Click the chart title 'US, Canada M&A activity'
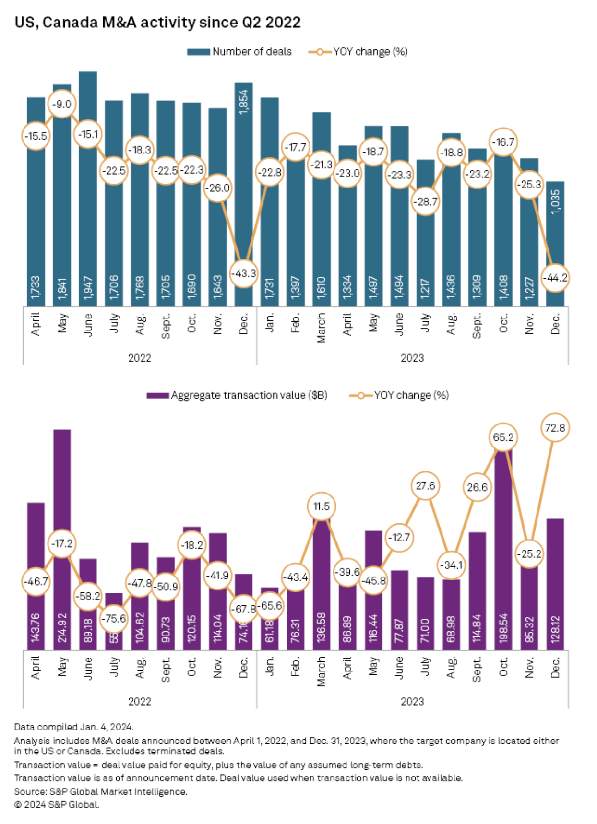point(157,23)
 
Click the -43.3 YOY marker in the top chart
point(243,273)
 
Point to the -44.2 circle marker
point(555,278)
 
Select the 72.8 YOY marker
point(555,427)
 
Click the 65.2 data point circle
point(503,437)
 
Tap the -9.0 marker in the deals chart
point(62,104)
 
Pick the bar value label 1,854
point(244,102)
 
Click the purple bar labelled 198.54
point(503,552)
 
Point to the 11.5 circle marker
point(321,506)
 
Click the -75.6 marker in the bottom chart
point(114,618)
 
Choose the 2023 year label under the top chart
point(412,358)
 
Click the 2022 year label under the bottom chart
point(140,701)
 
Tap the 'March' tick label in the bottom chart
point(321,671)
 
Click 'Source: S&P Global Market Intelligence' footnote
point(100,791)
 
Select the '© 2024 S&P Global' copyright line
point(57,804)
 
